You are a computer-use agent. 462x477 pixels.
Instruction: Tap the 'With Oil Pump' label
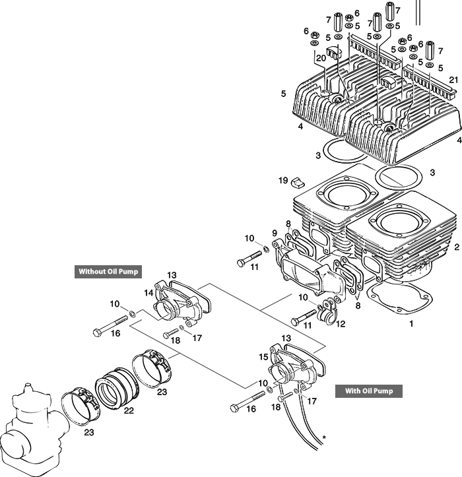(369, 391)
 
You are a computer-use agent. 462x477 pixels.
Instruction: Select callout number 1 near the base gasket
(411, 325)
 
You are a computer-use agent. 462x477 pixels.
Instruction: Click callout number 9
(275, 233)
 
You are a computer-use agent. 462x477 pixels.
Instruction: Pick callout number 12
(341, 323)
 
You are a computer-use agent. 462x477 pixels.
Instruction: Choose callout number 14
(148, 292)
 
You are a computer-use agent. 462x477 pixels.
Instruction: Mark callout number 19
(282, 179)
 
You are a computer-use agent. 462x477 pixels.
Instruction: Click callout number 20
(321, 58)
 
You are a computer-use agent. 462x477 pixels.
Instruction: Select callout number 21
(453, 80)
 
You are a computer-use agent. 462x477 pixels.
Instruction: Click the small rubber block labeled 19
(298, 181)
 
